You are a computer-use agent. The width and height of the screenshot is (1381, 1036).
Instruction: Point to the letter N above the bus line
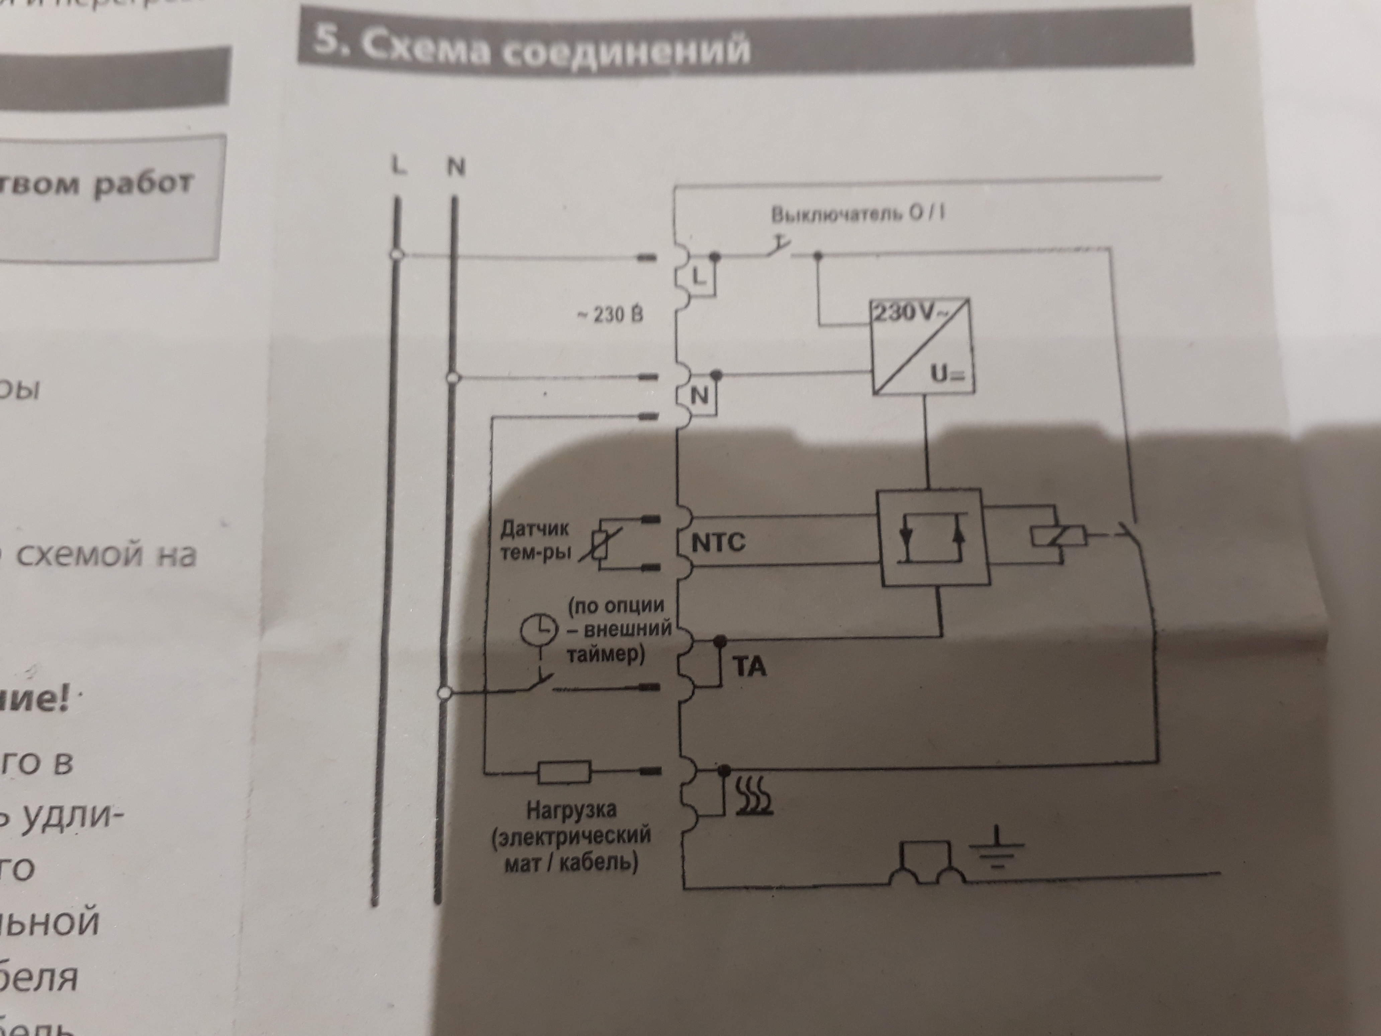(456, 167)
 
